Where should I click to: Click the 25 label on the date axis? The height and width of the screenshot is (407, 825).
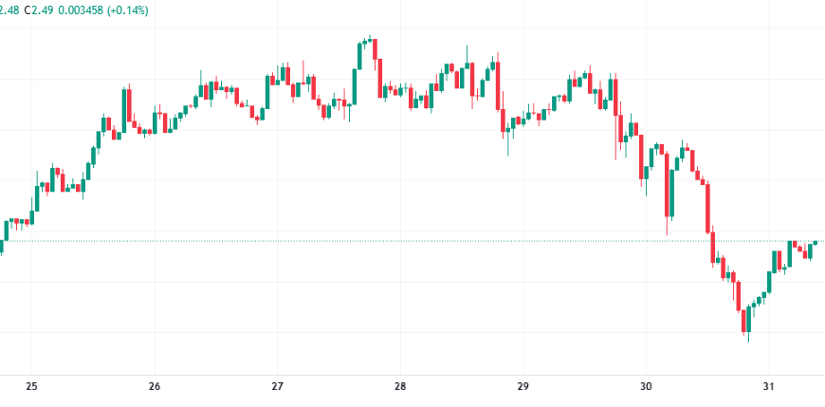pyautogui.click(x=31, y=387)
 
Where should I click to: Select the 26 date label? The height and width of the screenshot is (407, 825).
pyautogui.click(x=155, y=387)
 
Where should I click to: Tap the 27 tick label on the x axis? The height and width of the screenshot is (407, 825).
pyautogui.click(x=278, y=387)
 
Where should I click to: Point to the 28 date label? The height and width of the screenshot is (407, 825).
pyautogui.click(x=400, y=387)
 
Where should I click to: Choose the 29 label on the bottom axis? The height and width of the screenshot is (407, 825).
pyautogui.click(x=522, y=387)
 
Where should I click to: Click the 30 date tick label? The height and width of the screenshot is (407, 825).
pyautogui.click(x=645, y=387)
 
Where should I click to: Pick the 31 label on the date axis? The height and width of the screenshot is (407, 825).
pyautogui.click(x=768, y=387)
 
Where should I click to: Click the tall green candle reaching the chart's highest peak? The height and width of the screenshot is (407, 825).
pyautogui.click(x=360, y=56)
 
